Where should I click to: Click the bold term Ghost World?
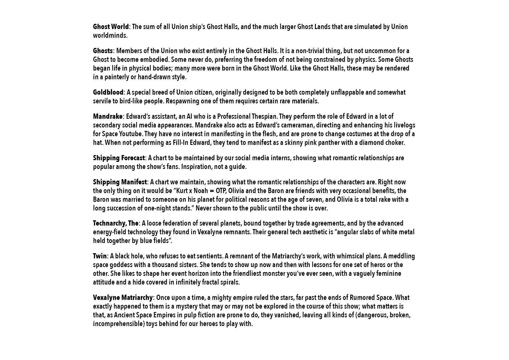pyautogui.click(x=111, y=27)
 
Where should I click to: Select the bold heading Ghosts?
pyautogui.click(x=103, y=51)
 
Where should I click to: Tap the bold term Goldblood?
pyautogui.click(x=108, y=93)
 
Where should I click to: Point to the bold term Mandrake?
pyautogui.click(x=108, y=117)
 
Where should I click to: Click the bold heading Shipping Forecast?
pyautogui.click(x=119, y=158)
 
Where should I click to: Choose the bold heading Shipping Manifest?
pyautogui.click(x=120, y=182)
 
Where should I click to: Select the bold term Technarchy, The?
pyautogui.click(x=115, y=224)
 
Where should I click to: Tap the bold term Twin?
pyautogui.click(x=100, y=256)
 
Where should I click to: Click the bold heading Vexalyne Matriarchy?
pyautogui.click(x=122, y=298)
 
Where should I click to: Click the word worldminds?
pyautogui.click(x=110, y=36)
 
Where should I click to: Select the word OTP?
pyautogui.click(x=221, y=191)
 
